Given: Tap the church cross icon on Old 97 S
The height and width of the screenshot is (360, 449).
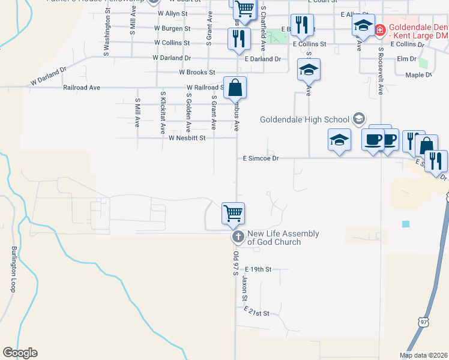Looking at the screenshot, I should [x=238, y=237].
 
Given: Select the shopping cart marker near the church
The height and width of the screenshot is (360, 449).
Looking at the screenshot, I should [x=234, y=214].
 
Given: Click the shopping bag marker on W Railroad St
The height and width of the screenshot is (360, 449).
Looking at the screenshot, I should [x=235, y=88].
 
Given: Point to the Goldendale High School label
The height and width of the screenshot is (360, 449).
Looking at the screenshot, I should [x=304, y=119].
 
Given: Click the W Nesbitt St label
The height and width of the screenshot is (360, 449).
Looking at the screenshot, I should [x=187, y=138].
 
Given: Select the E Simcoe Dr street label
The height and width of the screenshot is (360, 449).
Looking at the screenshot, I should [x=261, y=158].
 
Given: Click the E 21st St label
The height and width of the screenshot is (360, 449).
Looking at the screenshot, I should [x=257, y=313].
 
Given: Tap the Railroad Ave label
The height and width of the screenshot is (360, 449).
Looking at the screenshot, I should [x=81, y=88].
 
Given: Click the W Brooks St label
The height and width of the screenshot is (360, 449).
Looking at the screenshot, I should [x=197, y=72].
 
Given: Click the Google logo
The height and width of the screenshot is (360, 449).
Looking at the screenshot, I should [x=20, y=353].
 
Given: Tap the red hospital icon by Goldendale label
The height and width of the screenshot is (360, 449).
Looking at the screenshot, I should [x=379, y=29].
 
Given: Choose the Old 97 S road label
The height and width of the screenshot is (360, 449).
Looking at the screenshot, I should [x=235, y=263].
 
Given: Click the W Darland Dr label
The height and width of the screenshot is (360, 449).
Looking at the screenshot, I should [x=171, y=58].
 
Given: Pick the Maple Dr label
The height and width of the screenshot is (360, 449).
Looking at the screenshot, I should [x=418, y=75].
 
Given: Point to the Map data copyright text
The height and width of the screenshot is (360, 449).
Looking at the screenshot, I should [x=423, y=355].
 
